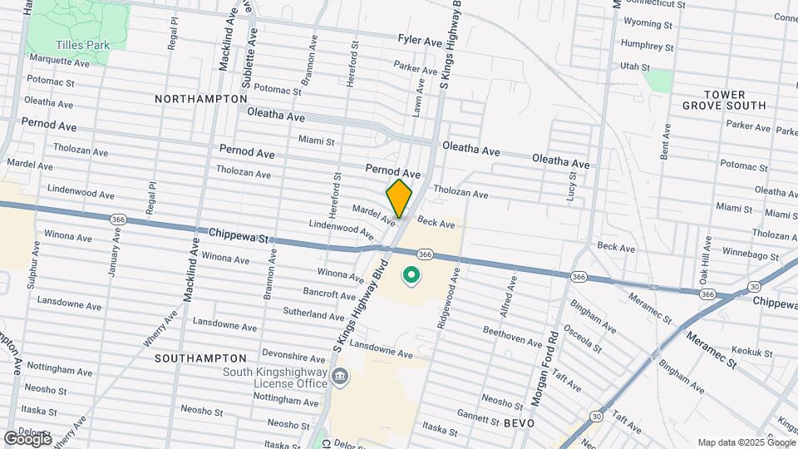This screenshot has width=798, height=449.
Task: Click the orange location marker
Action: [x=399, y=198]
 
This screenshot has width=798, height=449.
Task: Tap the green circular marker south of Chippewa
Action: [x=411, y=274]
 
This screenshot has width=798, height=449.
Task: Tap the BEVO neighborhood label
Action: [x=517, y=423]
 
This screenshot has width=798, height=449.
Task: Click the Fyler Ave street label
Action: [x=420, y=40]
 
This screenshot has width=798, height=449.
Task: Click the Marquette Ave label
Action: [x=59, y=61]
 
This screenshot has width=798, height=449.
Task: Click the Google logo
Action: [x=27, y=437]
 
